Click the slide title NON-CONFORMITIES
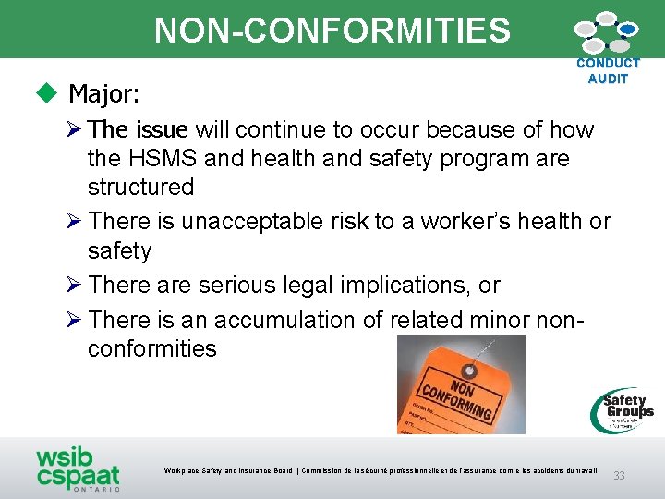tap(332, 30)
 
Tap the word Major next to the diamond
tap(104, 94)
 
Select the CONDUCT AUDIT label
tap(607, 71)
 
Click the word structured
tap(140, 187)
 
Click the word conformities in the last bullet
tap(152, 349)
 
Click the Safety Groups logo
tap(624, 409)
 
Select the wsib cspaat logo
tap(78, 469)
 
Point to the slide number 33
tap(619, 475)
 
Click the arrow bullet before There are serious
tap(77, 286)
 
